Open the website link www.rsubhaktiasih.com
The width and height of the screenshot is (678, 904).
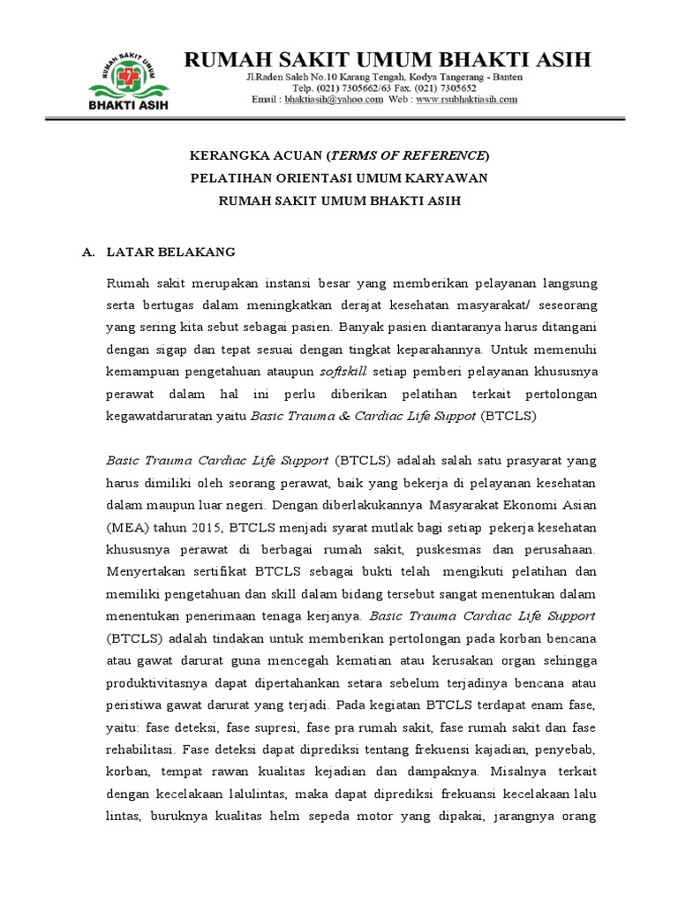pyautogui.click(x=466, y=101)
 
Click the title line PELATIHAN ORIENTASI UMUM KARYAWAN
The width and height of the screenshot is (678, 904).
pyautogui.click(x=340, y=178)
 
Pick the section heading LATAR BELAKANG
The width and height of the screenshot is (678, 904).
pyautogui.click(x=171, y=252)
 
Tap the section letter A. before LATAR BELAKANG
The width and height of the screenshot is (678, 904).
pyautogui.click(x=87, y=252)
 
